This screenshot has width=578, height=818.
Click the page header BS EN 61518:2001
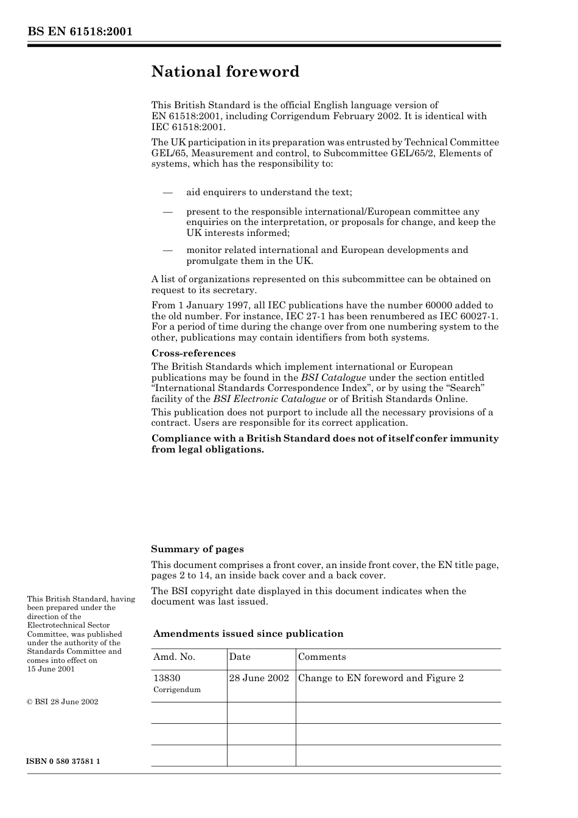coord(80,32)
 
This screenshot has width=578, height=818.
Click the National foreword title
coord(225,72)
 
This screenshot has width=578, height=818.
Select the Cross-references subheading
coord(193,353)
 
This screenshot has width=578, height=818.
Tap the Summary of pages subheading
coord(197,549)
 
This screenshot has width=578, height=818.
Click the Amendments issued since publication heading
coord(248,634)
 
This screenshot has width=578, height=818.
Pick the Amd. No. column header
coord(174,657)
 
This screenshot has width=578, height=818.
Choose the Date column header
coord(240,657)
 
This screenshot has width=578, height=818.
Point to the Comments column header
coord(322,657)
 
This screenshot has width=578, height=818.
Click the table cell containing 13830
coord(167,678)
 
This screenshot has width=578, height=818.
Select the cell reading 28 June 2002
coord(259,678)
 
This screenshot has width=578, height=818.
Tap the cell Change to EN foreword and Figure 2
coord(381,678)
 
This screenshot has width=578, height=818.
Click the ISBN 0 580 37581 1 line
coord(63,761)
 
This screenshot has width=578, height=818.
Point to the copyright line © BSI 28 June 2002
coord(63,702)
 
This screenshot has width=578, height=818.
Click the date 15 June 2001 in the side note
coord(50,669)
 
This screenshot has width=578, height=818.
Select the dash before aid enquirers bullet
coord(168,192)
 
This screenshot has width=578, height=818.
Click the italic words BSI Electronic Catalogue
coord(270,399)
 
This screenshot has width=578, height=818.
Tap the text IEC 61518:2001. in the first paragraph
coord(188,127)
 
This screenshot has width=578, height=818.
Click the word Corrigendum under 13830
coord(176,690)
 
